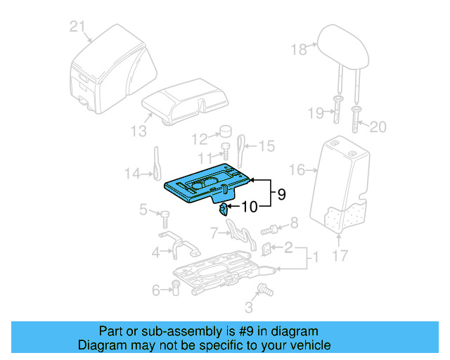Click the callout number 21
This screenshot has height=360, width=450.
tap(78, 28)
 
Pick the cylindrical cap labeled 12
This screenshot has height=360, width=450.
tap(226, 131)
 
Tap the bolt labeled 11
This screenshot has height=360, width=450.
tap(226, 150)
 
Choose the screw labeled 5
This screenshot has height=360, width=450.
tap(164, 214)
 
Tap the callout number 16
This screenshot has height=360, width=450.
tap(297, 169)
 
